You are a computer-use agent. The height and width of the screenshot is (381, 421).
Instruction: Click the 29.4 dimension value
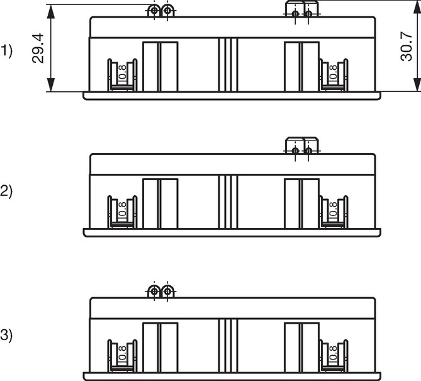[38, 48]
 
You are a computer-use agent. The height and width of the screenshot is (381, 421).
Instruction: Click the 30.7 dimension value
[407, 47]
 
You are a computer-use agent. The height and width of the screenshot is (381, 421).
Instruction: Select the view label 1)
[6, 51]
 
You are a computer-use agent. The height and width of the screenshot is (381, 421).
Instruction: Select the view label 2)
[6, 191]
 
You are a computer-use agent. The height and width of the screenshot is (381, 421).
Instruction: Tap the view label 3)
[6, 335]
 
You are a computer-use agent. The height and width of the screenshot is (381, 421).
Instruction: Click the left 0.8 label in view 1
[122, 72]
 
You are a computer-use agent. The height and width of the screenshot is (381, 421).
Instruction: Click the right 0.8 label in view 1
[333, 72]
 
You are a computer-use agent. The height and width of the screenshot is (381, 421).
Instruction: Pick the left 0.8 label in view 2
[122, 209]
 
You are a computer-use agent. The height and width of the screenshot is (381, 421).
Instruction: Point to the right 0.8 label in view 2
[333, 209]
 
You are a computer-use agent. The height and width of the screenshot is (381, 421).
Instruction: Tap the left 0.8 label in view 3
[122, 353]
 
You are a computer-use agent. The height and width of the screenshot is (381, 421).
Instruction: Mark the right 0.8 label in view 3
[333, 353]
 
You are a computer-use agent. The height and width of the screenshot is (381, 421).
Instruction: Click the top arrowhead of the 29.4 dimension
[51, 11]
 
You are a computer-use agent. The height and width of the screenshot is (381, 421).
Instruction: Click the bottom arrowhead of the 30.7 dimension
[417, 84]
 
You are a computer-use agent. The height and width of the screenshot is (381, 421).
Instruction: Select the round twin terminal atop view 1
[161, 11]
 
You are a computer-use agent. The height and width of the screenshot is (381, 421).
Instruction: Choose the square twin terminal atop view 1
[302, 9]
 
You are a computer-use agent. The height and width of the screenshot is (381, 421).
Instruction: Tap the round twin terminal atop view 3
[161, 291]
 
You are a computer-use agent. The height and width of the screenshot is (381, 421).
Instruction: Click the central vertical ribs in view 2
[228, 202]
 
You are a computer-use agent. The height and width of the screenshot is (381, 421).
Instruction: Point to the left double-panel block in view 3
[160, 348]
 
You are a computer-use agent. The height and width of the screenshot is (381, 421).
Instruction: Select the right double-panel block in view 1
[302, 67]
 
